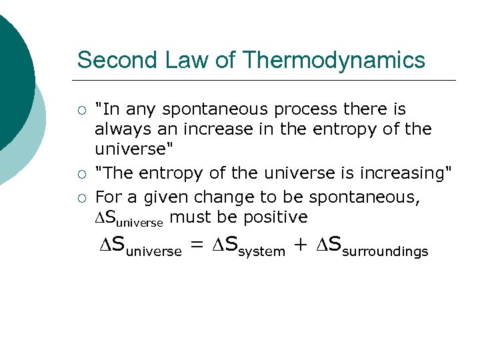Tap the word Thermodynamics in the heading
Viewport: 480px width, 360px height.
334,60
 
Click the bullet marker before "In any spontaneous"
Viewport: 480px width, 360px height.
81,109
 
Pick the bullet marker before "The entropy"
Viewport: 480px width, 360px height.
81,174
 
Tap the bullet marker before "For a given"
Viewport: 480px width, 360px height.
81,198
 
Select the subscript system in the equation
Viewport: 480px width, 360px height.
262,251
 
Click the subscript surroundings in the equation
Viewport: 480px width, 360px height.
385,251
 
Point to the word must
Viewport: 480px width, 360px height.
186,217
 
